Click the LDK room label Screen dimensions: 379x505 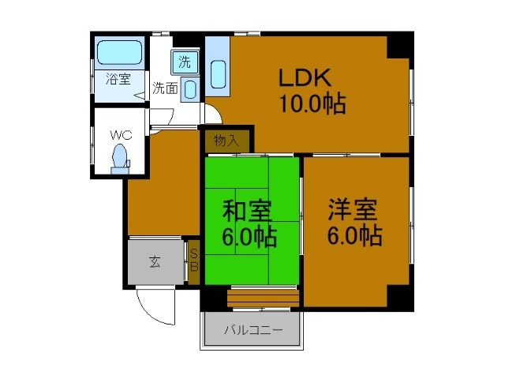pos(309,79)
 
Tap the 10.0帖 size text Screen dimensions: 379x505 pos(312,103)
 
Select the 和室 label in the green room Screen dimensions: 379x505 pos(247,212)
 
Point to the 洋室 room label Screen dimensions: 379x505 pos(353,210)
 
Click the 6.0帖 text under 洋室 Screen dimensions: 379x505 pos(355,235)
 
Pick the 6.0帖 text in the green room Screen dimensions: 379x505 pos(249,236)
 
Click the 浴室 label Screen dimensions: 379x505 pos(118,79)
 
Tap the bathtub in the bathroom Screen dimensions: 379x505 pos(119,54)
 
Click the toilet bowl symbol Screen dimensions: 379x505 pos(121,156)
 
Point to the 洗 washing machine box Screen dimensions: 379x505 pos(185,62)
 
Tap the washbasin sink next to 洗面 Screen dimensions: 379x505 pos(189,88)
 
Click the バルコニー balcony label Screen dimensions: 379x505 pos(252,330)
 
